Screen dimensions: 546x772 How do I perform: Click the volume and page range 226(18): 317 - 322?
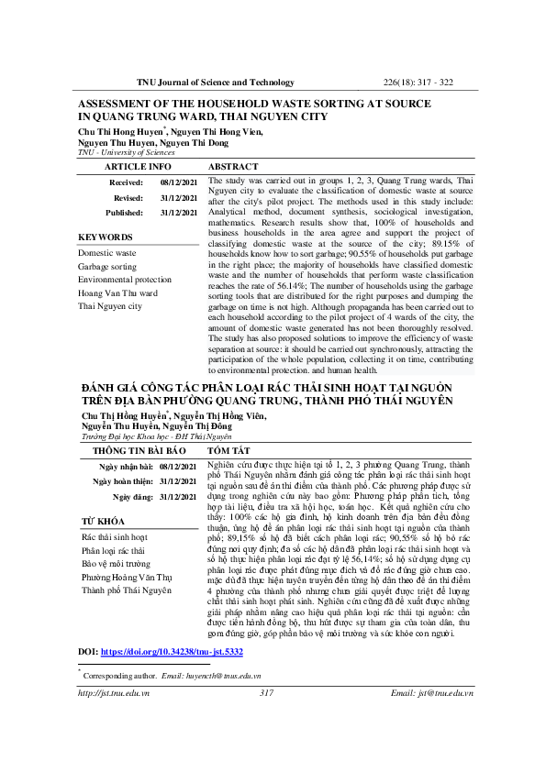417,83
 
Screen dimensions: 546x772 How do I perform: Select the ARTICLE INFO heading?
138,167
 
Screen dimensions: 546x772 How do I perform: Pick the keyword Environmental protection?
125,280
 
